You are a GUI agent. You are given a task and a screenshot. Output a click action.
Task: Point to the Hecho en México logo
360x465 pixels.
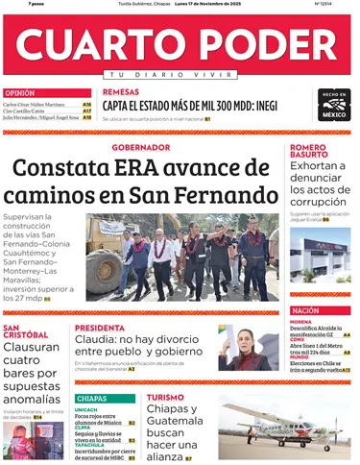(334, 104)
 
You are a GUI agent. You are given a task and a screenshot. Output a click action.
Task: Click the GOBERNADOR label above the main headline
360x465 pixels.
(139, 147)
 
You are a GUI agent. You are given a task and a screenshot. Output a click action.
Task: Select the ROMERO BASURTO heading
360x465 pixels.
(310, 152)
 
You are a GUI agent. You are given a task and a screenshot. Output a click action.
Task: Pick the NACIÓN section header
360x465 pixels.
(306, 310)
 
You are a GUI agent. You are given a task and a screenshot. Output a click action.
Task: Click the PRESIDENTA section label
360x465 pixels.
(100, 328)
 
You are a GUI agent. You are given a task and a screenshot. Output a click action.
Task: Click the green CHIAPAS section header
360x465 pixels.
(92, 398)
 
